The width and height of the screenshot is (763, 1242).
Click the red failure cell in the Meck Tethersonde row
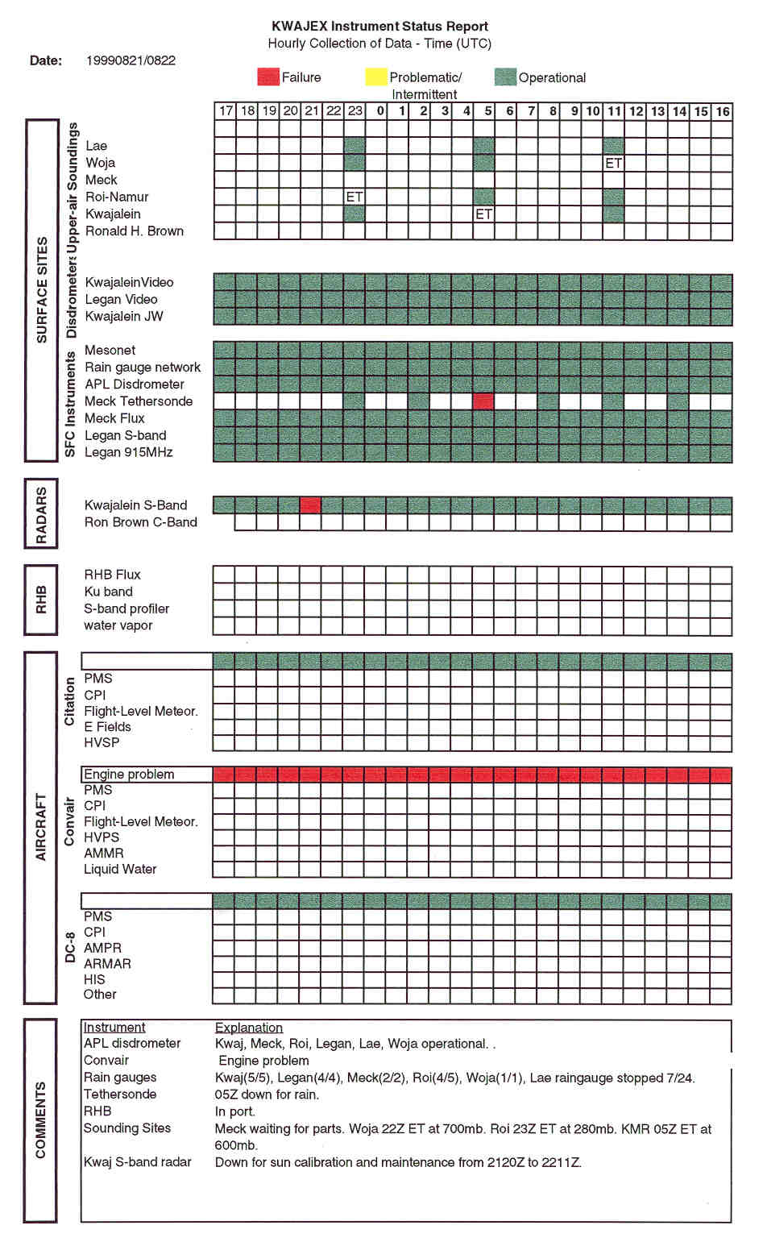click(x=483, y=401)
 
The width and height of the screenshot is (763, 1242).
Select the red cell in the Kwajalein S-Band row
click(x=310, y=505)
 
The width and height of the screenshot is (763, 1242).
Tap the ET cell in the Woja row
click(x=614, y=163)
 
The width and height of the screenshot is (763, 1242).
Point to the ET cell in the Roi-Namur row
click(x=355, y=197)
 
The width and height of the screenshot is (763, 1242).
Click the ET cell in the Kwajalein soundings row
click(x=483, y=214)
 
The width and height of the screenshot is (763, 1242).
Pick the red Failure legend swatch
click(x=267, y=77)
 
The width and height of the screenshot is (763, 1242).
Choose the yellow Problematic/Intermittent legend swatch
click(x=375, y=77)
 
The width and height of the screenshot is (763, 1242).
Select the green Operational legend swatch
click(x=505, y=77)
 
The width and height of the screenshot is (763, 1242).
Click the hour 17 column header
click(x=226, y=111)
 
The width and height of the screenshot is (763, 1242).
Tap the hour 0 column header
click(x=380, y=111)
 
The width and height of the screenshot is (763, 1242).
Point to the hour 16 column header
click(x=723, y=111)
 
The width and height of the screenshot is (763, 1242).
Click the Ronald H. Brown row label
click(x=135, y=231)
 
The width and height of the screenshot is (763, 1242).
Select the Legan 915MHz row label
click(x=129, y=452)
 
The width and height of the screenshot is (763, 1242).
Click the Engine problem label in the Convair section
click(x=129, y=775)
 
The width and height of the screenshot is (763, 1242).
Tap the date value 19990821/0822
click(x=131, y=60)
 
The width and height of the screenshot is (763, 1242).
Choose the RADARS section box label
click(x=41, y=515)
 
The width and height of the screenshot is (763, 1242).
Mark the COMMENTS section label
click(x=41, y=1120)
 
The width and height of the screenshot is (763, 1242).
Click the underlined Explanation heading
click(x=249, y=1028)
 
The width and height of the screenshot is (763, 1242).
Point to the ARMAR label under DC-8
click(x=107, y=964)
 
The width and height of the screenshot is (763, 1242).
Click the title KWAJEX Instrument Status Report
click(x=380, y=27)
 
